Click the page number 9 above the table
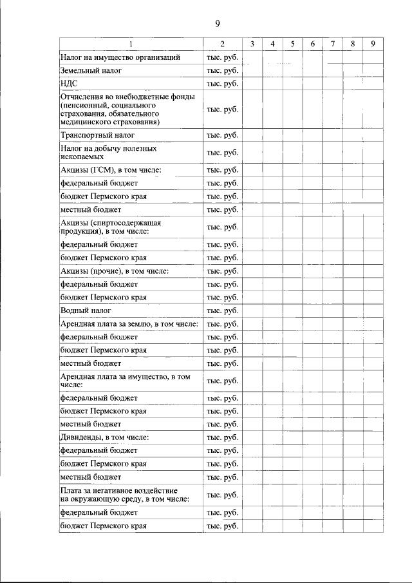218,24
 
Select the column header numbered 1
131,44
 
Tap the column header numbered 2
222,44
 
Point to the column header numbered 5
292,44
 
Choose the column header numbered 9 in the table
373,44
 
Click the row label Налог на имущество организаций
120,57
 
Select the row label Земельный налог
91,70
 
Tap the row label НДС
69,83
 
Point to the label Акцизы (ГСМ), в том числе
110,170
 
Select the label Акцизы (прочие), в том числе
114,271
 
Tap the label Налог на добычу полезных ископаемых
108,153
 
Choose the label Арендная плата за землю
129,323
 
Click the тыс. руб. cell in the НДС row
222,83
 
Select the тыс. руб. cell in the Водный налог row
222,311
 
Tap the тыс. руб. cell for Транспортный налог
222,136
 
